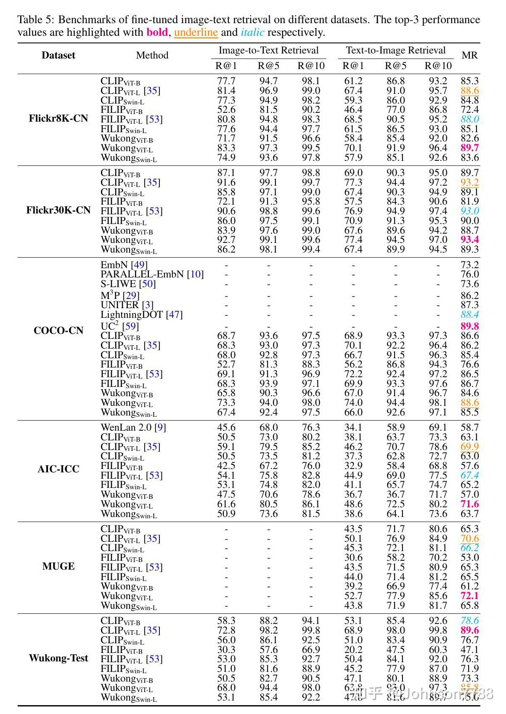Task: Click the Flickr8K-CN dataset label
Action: pyautogui.click(x=58, y=118)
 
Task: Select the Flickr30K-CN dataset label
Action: pyautogui.click(x=58, y=210)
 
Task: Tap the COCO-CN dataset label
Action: pyautogui.click(x=58, y=330)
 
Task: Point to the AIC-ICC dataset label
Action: pyautogui.click(x=58, y=469)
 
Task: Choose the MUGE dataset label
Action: pyautogui.click(x=58, y=566)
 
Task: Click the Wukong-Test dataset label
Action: pyautogui.click(x=58, y=658)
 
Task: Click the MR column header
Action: pyautogui.click(x=469, y=55)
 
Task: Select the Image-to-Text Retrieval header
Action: pyautogui.click(x=268, y=51)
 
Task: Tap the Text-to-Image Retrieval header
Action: pyautogui.click(x=395, y=51)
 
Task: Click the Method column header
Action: pyautogui.click(x=152, y=55)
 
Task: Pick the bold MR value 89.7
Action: pyautogui.click(x=469, y=148)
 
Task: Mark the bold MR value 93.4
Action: pyautogui.click(x=469, y=240)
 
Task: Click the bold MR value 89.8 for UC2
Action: pyautogui.click(x=469, y=326)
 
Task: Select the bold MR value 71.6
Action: pyautogui.click(x=469, y=504)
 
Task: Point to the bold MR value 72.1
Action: pyautogui.click(x=469, y=596)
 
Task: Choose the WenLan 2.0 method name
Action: pyautogui.click(x=126, y=427)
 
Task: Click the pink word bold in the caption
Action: pyautogui.click(x=157, y=32)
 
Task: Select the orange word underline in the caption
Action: pyautogui.click(x=196, y=32)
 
